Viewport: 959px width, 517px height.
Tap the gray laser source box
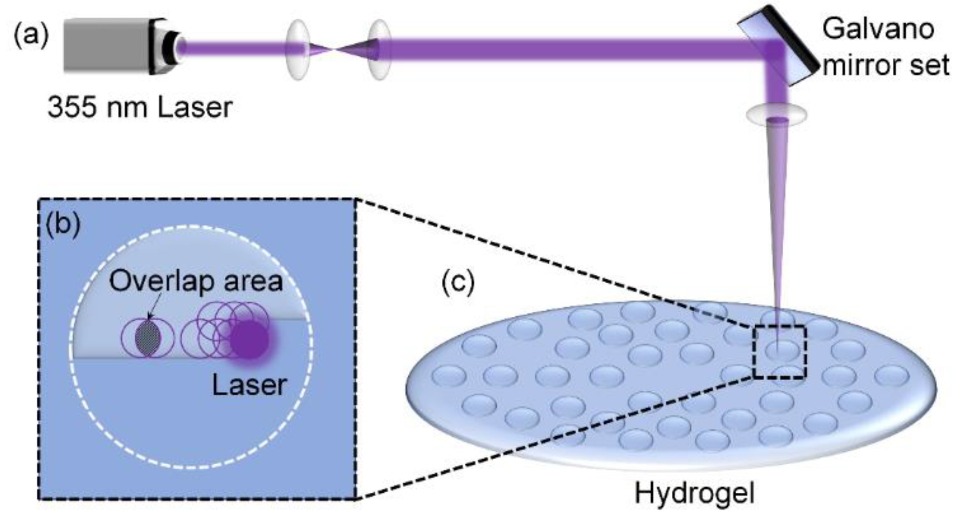(107, 46)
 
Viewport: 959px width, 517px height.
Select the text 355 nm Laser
(140, 108)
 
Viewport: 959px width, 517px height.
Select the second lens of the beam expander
(379, 49)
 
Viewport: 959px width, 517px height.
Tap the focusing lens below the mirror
(776, 114)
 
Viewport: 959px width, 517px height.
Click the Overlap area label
(196, 281)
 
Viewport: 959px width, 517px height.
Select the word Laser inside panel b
(249, 385)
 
